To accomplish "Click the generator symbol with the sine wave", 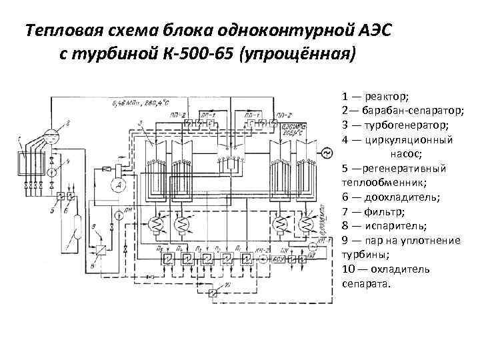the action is coord(327,155).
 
